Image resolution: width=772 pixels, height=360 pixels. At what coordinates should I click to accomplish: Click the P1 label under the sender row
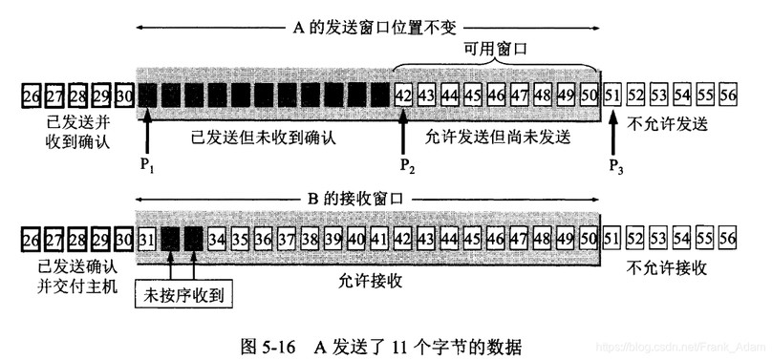pyautogui.click(x=146, y=165)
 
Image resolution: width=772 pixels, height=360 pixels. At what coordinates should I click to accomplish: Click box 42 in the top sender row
pyautogui.click(x=403, y=95)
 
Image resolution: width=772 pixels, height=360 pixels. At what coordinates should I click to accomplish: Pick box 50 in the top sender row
pyautogui.click(x=590, y=95)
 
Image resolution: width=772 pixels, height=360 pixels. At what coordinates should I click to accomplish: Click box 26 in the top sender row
pyautogui.click(x=31, y=95)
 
